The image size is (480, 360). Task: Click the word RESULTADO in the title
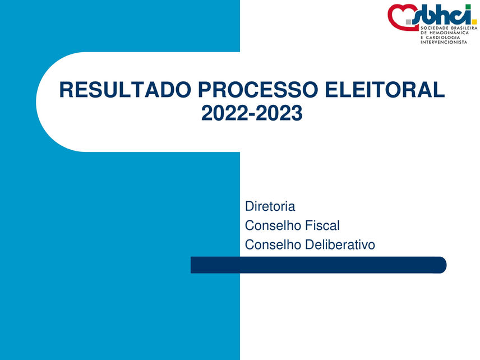124,90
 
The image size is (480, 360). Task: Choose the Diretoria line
270,206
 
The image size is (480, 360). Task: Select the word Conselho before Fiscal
273,226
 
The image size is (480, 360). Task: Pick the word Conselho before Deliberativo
273,245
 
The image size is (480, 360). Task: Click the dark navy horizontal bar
318,265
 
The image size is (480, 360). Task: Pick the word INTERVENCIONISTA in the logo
444,43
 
